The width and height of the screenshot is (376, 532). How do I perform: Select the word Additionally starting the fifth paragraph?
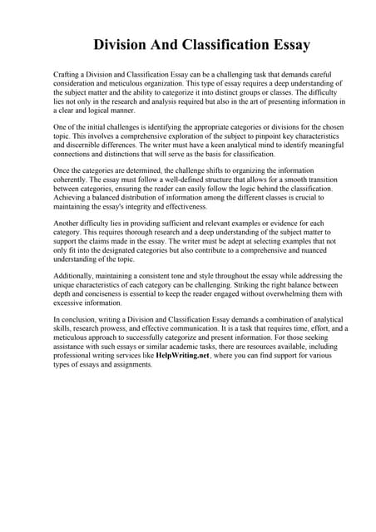click(x=77, y=275)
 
